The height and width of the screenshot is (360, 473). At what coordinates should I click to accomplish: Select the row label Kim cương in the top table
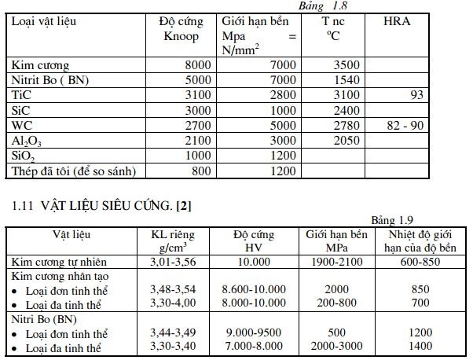click(40, 65)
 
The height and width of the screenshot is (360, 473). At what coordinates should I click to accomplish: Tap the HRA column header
click(398, 21)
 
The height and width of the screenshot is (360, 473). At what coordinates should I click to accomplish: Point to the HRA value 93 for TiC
click(416, 95)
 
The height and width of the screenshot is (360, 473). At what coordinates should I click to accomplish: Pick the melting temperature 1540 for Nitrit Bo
click(346, 80)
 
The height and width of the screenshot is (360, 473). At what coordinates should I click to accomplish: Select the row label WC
click(21, 125)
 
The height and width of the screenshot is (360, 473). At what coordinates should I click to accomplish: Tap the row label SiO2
click(24, 155)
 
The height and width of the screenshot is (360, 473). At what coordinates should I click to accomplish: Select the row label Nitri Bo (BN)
click(43, 321)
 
